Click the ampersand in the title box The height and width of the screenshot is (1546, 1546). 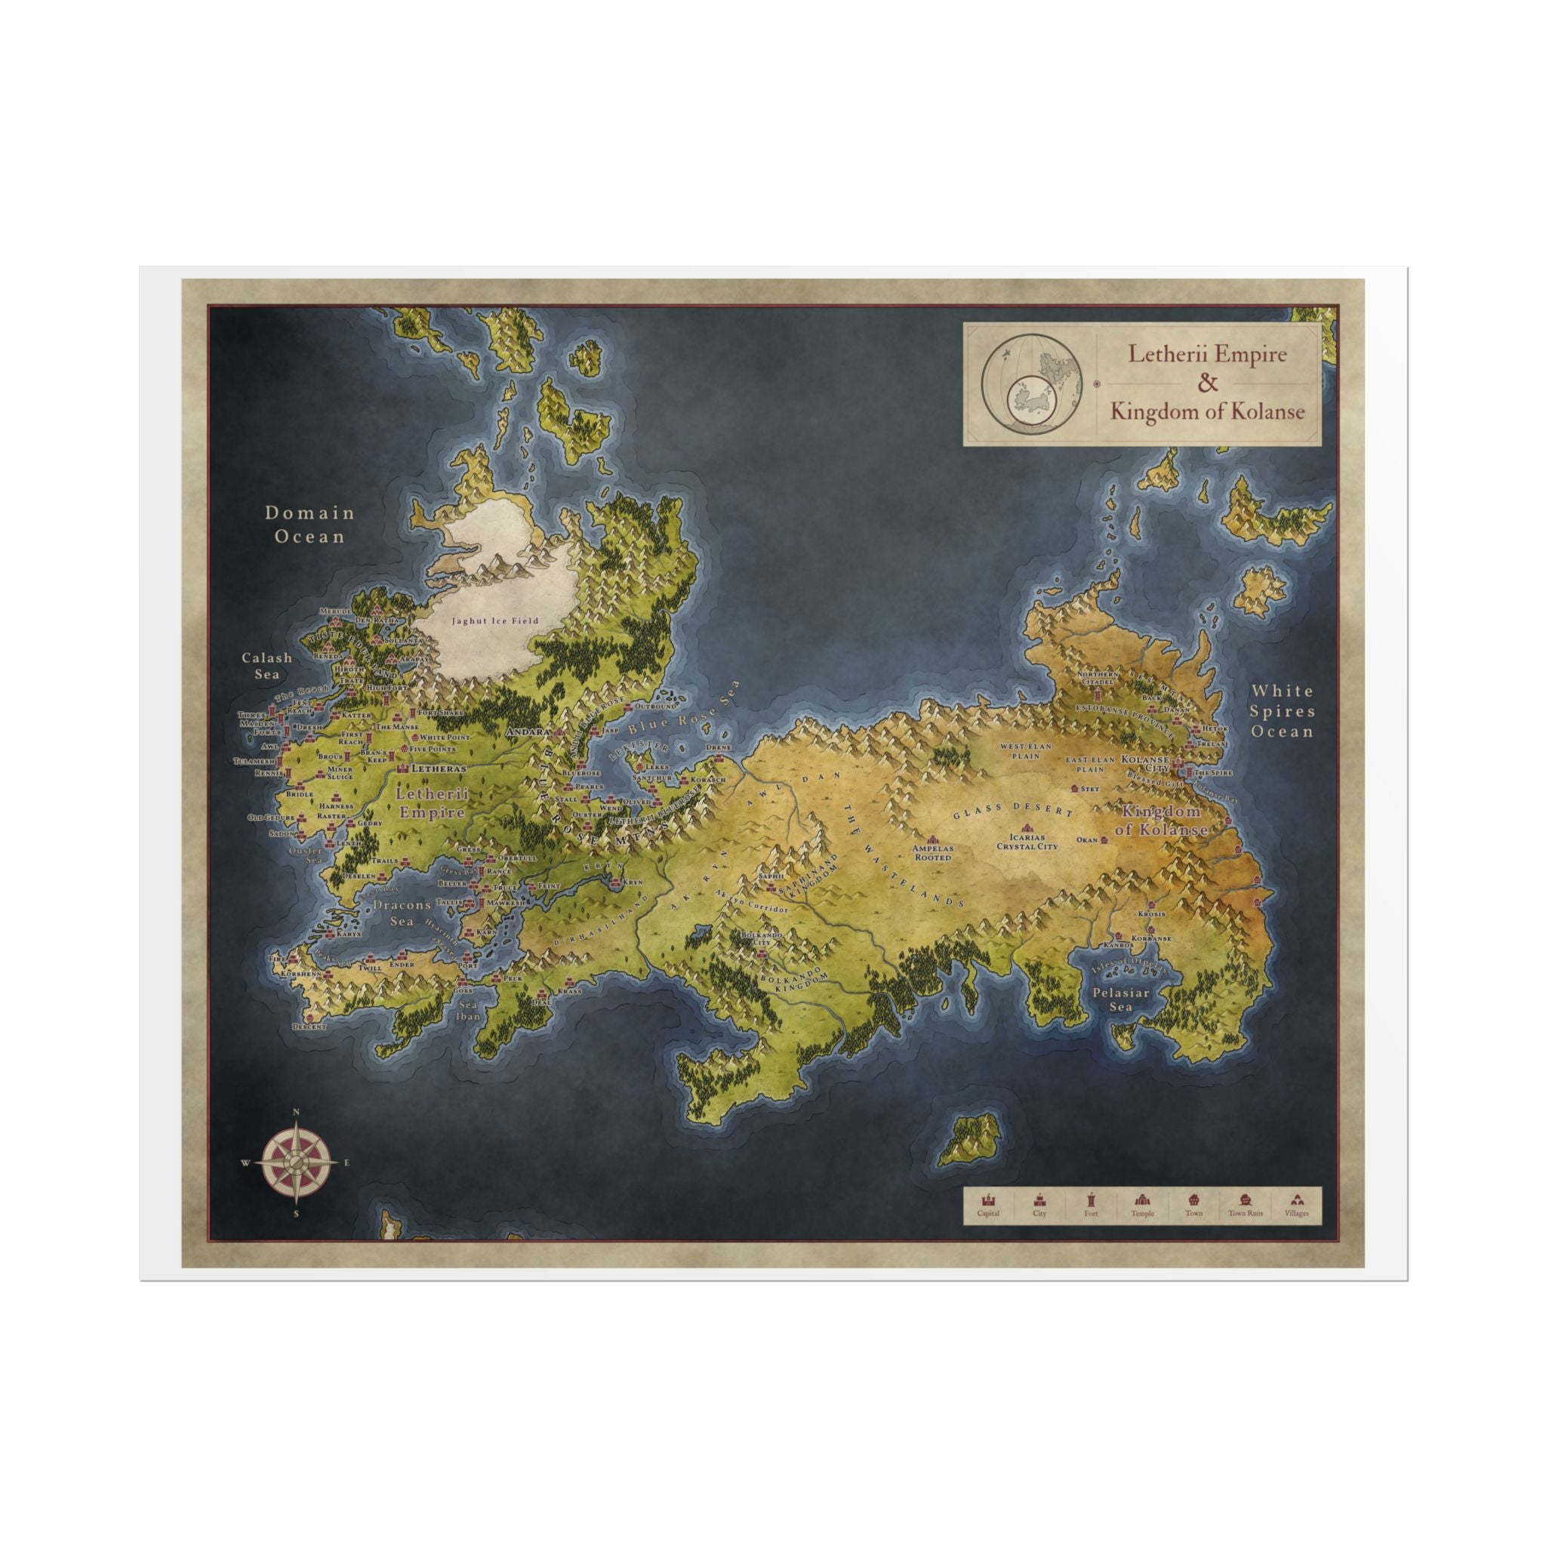[1207, 383]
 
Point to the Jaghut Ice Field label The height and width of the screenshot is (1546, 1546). [494, 621]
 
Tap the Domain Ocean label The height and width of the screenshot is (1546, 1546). [310, 524]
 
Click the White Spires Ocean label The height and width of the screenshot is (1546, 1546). [1283, 710]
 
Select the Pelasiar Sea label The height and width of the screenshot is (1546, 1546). [1121, 999]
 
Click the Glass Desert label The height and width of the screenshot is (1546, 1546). [1012, 810]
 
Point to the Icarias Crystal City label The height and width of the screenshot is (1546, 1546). [1027, 841]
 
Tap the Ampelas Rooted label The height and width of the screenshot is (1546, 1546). [932, 852]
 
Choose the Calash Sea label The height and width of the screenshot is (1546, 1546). [267, 665]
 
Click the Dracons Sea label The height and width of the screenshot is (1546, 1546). [402, 912]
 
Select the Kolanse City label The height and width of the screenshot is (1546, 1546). [1145, 762]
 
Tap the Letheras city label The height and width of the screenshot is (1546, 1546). [438, 768]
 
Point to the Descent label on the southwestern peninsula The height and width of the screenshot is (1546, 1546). [309, 1026]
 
